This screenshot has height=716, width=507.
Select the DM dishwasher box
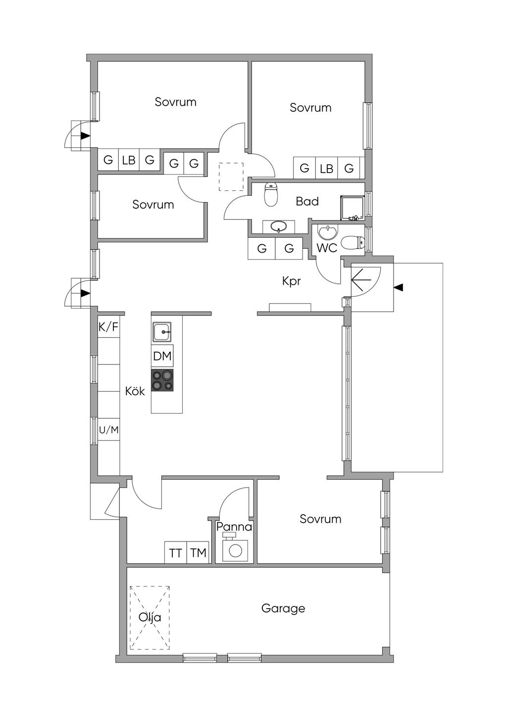click(x=162, y=356)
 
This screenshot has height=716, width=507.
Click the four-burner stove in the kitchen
click(x=162, y=380)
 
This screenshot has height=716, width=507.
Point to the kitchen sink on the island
click(x=162, y=332)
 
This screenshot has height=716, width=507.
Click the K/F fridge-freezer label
click(x=108, y=327)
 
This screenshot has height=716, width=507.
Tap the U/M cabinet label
click(x=109, y=430)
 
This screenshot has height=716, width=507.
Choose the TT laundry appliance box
click(x=175, y=552)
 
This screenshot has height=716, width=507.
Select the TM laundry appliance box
click(x=198, y=552)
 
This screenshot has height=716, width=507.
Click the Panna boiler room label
click(x=234, y=527)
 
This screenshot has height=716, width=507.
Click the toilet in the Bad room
click(x=271, y=194)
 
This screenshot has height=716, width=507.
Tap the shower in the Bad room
click(x=353, y=208)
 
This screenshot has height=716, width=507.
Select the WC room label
click(x=327, y=248)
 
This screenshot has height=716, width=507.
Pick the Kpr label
click(x=291, y=281)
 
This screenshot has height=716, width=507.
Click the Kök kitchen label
click(x=135, y=391)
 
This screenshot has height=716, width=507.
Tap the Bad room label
click(x=307, y=201)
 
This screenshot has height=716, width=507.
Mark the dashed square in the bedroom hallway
click(x=231, y=177)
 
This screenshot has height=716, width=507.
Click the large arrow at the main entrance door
click(x=361, y=280)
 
